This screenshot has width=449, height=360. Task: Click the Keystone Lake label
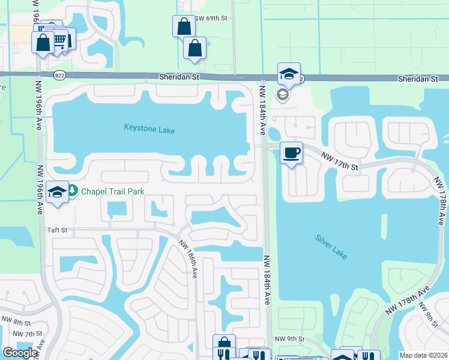(x=149, y=128)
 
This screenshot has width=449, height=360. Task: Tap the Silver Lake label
(x=331, y=247)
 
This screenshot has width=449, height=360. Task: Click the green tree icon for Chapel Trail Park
(x=73, y=191)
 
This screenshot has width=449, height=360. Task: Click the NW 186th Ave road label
(x=187, y=256)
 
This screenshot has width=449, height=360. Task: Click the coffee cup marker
(x=291, y=152)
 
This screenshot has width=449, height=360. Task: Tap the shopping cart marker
(x=60, y=40)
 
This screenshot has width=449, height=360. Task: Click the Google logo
(x=20, y=353)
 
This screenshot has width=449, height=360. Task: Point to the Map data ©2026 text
(x=423, y=355)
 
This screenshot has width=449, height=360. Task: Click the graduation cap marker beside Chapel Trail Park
(x=57, y=193)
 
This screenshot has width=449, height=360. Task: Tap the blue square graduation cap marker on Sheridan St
(x=289, y=74)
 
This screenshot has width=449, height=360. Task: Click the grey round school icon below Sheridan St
(x=282, y=95)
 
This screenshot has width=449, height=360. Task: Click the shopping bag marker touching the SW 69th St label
(x=184, y=27)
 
